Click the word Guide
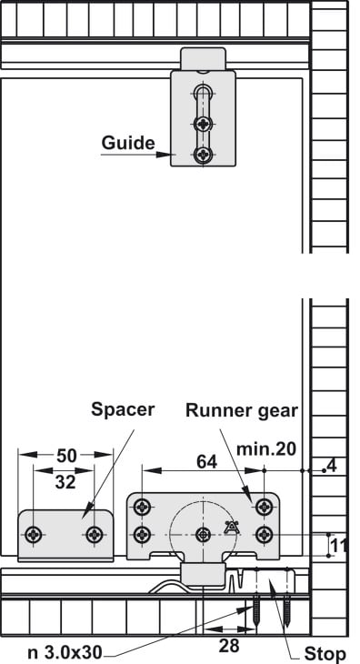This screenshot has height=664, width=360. [128, 143]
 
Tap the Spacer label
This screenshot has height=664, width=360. [123, 409]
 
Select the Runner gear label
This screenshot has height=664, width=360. [242, 410]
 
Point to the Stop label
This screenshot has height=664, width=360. [325, 654]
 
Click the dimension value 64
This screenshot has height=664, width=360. [207, 462]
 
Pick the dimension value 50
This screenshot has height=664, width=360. [66, 456]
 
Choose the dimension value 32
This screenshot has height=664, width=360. [65, 482]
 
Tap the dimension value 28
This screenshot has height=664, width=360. [229, 646]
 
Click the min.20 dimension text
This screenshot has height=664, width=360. [266, 448]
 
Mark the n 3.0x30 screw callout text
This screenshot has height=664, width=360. [65, 652]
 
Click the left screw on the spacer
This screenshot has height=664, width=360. [33, 535]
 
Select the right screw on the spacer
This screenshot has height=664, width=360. [94, 535]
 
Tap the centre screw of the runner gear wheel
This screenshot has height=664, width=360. [204, 535]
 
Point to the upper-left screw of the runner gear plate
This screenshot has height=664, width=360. [142, 506]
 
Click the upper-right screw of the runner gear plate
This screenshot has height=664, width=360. [264, 506]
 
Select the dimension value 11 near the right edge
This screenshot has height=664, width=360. [338, 547]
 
